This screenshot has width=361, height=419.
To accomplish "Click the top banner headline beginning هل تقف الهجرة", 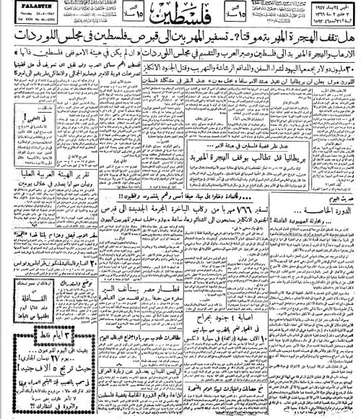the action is click(180, 45).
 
